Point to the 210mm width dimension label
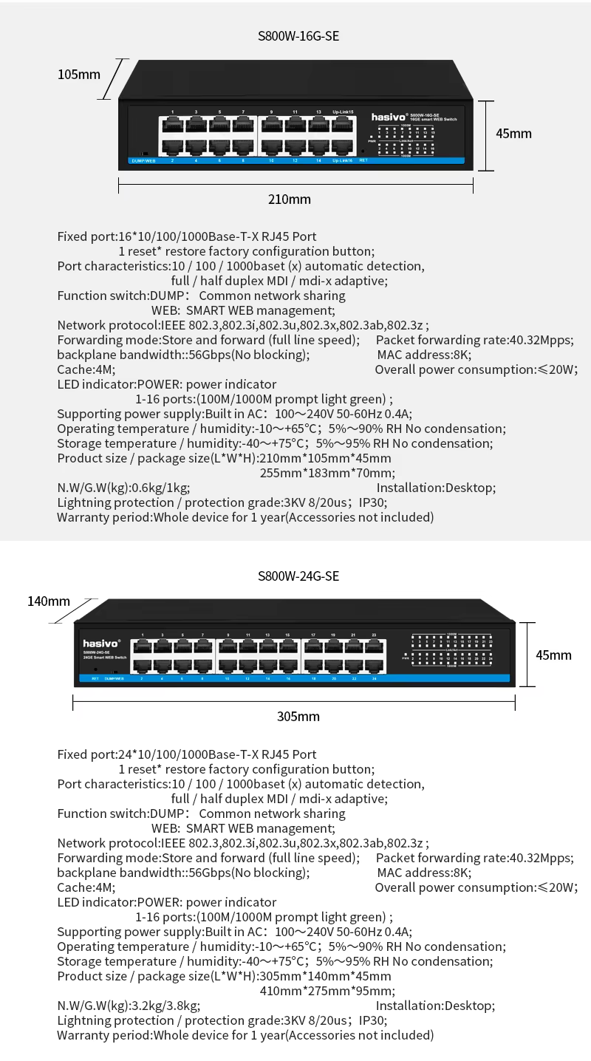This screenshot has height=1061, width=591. click(x=289, y=199)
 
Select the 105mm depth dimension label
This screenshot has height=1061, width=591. click(x=79, y=74)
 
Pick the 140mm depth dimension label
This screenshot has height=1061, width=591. click(x=49, y=601)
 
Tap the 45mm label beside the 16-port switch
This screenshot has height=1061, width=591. click(x=513, y=134)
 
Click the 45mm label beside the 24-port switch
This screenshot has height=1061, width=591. click(x=553, y=655)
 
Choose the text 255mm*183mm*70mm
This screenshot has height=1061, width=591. click(x=327, y=473)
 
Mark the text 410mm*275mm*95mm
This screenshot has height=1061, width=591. click(x=327, y=991)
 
